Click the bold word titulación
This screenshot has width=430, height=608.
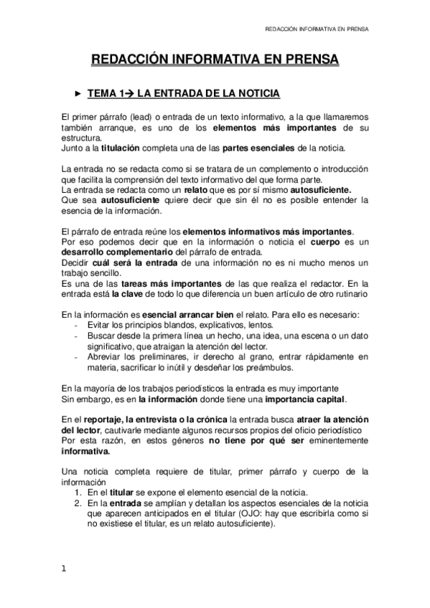(x=120, y=148)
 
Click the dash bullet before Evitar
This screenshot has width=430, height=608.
(x=78, y=325)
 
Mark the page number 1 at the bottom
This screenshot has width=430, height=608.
(x=64, y=569)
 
